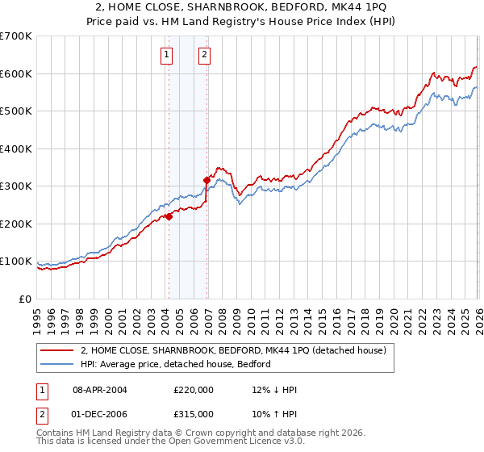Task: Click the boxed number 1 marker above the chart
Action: [x=166, y=55]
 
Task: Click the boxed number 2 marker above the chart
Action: [x=204, y=55]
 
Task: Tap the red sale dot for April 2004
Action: [x=169, y=216]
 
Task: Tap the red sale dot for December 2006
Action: [x=207, y=181]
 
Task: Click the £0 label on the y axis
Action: [x=27, y=299]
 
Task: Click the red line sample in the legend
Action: [x=57, y=350]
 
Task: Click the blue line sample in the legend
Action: [x=57, y=364]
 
